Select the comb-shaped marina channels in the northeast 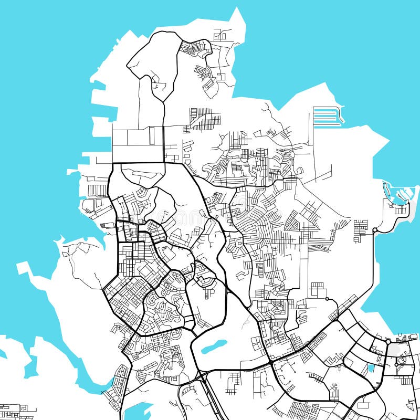click(327, 117)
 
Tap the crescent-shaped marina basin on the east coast click(397, 195)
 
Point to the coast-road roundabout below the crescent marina click(374, 230)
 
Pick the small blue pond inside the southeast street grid click(371, 368)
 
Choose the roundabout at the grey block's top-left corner click(388, 342)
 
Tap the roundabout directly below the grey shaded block click(396, 363)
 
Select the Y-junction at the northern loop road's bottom click(164, 103)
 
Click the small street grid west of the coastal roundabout click(361, 230)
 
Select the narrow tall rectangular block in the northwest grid click(152, 135)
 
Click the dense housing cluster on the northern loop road click(195, 48)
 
